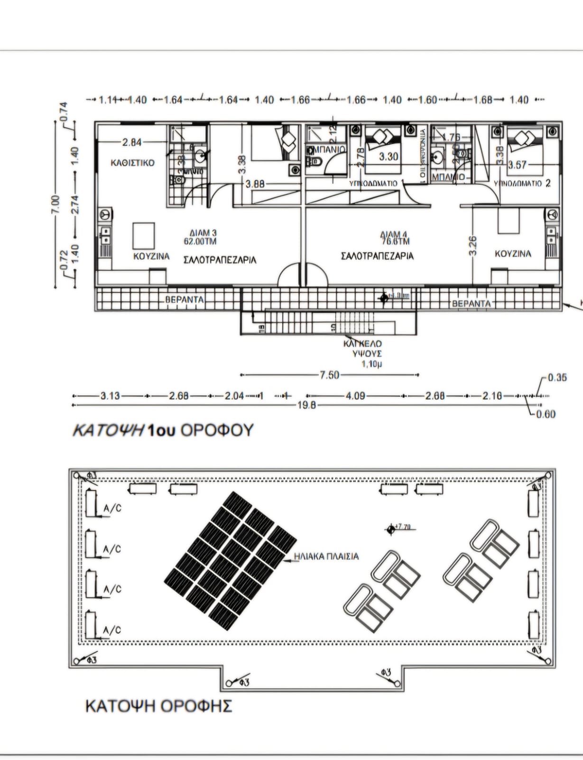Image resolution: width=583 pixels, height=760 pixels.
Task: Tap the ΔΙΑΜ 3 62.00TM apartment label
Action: tap(200, 237)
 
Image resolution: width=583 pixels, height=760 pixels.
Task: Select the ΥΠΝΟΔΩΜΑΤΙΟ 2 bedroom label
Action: tap(522, 183)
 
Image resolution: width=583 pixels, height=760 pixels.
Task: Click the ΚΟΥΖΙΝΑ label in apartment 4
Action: tap(513, 254)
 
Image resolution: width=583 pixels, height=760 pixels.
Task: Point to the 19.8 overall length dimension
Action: tap(306, 405)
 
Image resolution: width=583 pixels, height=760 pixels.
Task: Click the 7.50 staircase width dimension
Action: tap(329, 375)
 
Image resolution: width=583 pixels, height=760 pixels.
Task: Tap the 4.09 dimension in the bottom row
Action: tap(355, 396)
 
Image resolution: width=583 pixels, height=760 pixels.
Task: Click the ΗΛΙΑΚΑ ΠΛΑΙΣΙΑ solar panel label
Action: tap(326, 556)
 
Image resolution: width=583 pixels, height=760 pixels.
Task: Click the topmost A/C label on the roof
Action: tap(112, 508)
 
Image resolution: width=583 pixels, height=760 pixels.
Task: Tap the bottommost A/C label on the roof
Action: tap(112, 630)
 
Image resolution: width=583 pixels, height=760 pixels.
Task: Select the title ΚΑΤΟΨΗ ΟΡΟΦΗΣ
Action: tap(158, 706)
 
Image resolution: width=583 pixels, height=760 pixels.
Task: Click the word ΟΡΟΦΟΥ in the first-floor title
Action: tap(217, 430)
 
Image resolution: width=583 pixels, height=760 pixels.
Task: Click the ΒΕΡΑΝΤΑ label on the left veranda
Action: tap(185, 300)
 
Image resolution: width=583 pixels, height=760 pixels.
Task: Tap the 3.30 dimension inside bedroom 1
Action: tap(389, 156)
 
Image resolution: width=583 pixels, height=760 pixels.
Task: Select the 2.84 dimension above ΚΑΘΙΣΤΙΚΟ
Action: tap(131, 142)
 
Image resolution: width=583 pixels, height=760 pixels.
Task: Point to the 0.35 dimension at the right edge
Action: tap(557, 378)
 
